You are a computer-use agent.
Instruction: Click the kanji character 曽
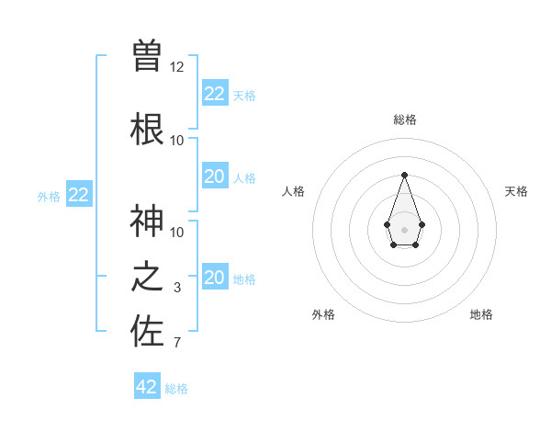[x=147, y=55]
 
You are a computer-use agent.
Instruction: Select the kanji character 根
[x=147, y=129]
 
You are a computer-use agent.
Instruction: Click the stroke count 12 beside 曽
[x=177, y=67]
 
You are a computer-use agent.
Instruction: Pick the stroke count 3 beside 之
[x=177, y=288]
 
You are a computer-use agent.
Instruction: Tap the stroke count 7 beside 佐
[x=177, y=344]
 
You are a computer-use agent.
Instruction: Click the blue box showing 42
[x=147, y=386]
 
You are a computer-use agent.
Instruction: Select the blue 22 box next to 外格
[x=79, y=194]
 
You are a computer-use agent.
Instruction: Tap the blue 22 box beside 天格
[x=214, y=93]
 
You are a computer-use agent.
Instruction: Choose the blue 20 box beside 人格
[x=214, y=176]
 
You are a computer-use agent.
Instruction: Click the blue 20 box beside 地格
[x=214, y=277]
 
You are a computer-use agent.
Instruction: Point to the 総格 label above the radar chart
[x=404, y=119]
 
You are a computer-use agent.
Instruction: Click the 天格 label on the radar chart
[x=516, y=191]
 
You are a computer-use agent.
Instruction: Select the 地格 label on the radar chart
[x=481, y=314]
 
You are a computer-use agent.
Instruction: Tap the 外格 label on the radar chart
[x=323, y=314]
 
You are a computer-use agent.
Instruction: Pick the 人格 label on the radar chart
[x=293, y=191]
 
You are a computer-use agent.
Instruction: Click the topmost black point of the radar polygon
[x=404, y=175]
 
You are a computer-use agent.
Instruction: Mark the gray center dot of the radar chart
[x=404, y=228]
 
